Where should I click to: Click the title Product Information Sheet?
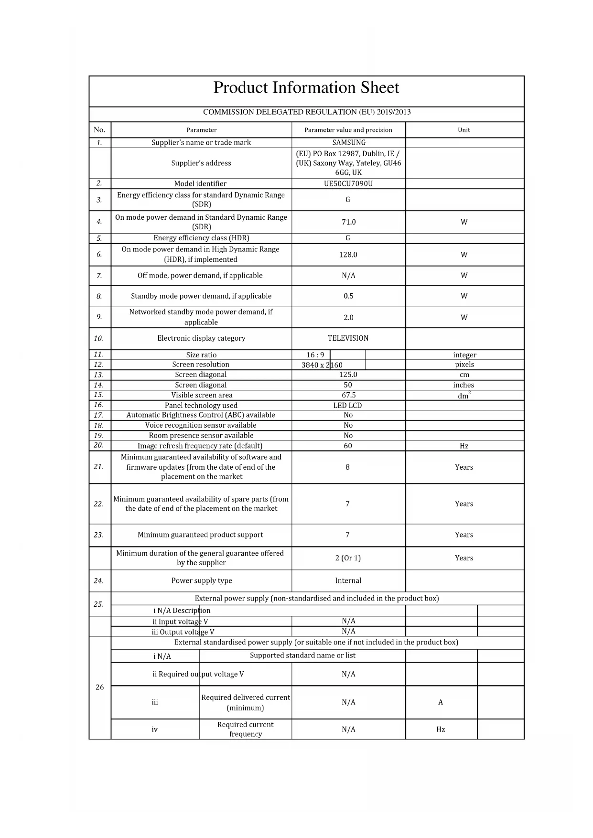(306, 88)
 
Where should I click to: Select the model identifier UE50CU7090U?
(348, 183)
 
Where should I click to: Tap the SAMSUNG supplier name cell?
(349, 142)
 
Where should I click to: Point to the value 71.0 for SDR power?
(348, 222)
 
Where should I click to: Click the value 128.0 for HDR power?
(348, 255)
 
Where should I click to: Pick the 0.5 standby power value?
(348, 296)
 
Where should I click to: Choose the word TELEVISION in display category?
(348, 338)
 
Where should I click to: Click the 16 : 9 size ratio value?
(315, 355)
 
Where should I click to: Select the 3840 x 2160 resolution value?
(322, 365)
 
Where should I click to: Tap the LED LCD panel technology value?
(347, 405)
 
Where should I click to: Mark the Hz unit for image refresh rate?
(464, 446)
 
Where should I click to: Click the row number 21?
(98, 466)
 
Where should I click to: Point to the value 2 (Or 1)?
(348, 558)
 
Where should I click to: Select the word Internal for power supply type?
(348, 580)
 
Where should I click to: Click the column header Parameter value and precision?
(348, 130)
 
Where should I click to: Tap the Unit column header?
(464, 130)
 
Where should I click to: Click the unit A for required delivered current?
(441, 702)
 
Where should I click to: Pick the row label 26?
(99, 687)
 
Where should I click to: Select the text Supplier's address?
(201, 163)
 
